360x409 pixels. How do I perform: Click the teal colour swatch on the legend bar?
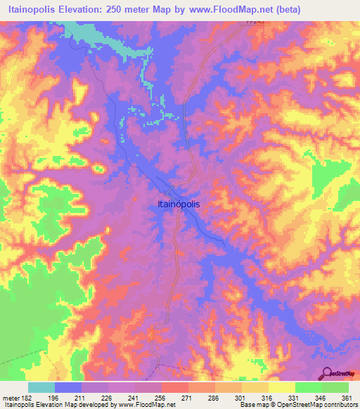point(41,387)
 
